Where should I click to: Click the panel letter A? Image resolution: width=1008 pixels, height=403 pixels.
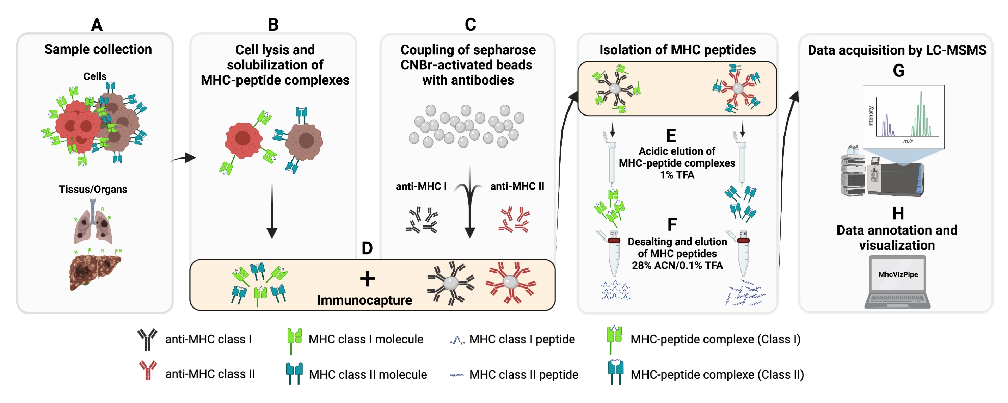coord(97,25)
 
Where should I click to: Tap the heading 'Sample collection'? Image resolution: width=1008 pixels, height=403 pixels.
coord(98,49)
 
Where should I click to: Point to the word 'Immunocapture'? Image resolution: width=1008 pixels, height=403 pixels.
coord(364,300)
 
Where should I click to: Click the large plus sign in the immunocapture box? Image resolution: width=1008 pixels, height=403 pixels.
coord(367,279)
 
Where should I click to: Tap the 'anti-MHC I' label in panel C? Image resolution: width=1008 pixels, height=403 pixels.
coord(421,186)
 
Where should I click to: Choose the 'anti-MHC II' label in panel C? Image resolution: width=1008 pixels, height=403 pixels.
coord(517,186)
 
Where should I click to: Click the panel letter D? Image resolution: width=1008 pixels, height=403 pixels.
coord(367,248)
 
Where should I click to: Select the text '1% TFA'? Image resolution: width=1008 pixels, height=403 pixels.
coord(677,175)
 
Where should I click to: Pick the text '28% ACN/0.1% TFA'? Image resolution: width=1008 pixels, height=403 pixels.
coord(677,265)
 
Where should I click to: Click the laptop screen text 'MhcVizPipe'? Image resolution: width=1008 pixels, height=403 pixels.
coord(898,274)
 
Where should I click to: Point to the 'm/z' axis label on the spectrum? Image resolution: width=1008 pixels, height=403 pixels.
coord(908,141)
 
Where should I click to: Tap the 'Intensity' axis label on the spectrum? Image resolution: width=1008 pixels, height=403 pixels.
coord(871,116)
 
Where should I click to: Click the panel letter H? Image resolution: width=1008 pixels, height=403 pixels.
coord(898,213)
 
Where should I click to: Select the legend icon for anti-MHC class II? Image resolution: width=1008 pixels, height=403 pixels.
coord(148,371)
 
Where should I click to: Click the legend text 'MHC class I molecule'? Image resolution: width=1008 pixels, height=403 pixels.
coord(366,339)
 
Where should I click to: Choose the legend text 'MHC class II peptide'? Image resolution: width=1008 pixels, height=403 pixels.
coord(524,374)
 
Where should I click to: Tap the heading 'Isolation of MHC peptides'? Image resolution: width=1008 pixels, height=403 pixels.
coord(677,50)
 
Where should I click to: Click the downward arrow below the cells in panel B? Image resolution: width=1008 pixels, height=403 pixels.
coord(272,211)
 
